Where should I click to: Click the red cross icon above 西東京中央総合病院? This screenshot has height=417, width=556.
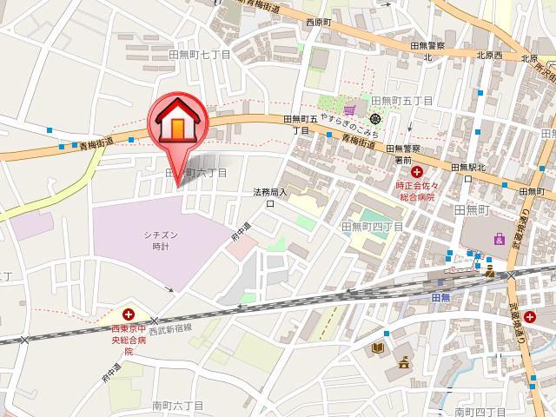click(129, 314)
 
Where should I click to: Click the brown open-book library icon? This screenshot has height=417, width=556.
click(377, 348)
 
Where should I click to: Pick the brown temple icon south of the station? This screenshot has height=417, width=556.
click(405, 359)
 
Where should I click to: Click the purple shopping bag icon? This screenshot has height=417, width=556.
click(498, 238)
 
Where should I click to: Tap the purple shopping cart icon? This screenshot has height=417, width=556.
click(348, 109)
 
